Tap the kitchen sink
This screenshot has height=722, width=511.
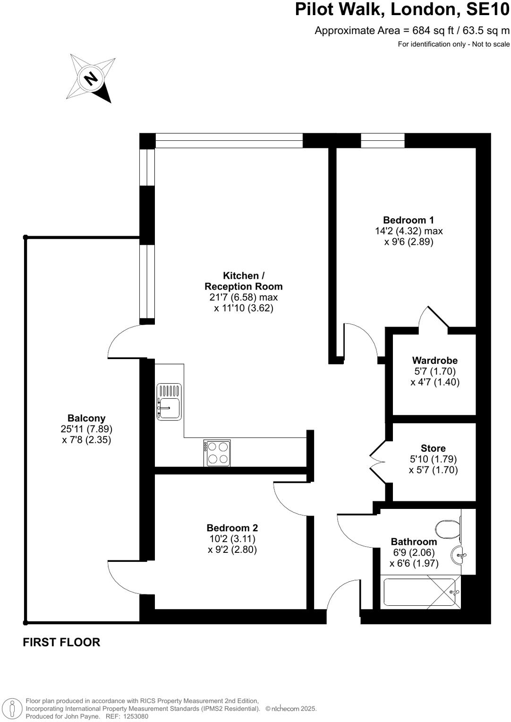click(169, 402)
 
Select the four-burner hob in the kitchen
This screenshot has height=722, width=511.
click(217, 453)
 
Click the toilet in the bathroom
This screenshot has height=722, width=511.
click(448, 529)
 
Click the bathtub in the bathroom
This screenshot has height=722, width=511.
click(419, 592)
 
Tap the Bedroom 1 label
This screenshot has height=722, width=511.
click(408, 220)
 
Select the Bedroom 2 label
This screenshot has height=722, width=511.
click(232, 528)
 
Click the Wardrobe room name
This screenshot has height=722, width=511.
click(434, 361)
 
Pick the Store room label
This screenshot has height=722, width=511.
click(433, 448)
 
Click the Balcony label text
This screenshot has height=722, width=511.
click(86, 418)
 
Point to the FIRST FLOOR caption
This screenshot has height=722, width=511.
click(61, 642)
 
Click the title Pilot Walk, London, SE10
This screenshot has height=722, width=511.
click(402, 10)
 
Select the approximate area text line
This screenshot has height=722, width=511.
click(412, 31)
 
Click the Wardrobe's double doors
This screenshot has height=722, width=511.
click(434, 318)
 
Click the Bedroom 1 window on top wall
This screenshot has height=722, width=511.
click(383, 140)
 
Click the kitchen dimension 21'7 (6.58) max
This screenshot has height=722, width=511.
click(243, 297)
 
